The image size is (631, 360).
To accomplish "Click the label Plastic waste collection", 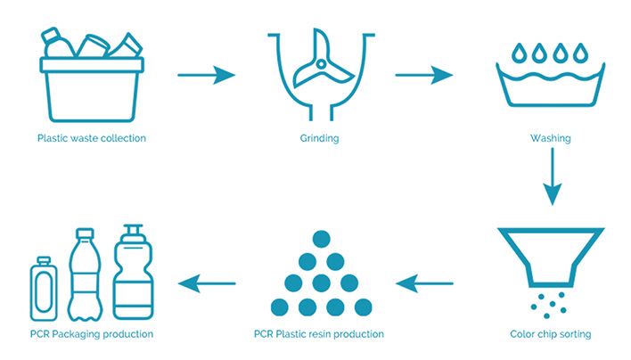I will pos(92,139).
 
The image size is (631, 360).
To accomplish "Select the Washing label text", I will pos(551,139).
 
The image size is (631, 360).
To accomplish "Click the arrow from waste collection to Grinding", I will pos(207,75).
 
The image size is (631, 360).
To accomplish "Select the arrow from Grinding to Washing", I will pos(424,75).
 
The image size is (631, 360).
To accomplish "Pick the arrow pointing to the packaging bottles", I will pos(207,284).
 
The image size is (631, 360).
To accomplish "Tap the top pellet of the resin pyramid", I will pos(321,239).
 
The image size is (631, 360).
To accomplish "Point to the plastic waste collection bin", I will pos(91,85).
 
